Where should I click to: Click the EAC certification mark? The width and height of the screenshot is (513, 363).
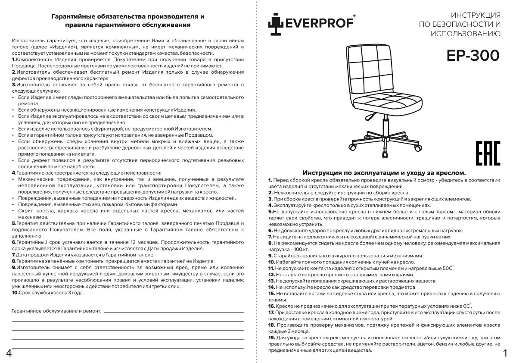[488, 153]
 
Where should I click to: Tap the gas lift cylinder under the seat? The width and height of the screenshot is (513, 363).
[382, 122]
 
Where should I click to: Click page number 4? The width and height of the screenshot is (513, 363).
[9, 353]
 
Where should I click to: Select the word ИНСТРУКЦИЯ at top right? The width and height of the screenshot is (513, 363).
[476, 15]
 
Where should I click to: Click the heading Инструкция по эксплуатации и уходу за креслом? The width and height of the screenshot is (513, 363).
[384, 172]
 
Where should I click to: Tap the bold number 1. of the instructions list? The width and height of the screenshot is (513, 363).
[270, 180]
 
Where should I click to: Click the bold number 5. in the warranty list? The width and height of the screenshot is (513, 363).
[14, 223]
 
